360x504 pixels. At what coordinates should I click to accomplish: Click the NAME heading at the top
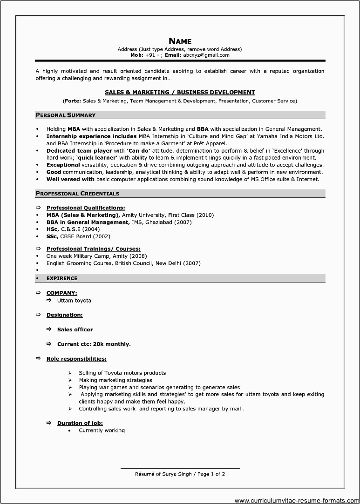pyautogui.click(x=180, y=41)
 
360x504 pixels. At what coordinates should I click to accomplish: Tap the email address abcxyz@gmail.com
pyautogui.click(x=206, y=55)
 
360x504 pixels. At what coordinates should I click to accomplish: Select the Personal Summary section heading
pyautogui.click(x=66, y=115)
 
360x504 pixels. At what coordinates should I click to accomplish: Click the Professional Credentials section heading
pyautogui.click(x=77, y=193)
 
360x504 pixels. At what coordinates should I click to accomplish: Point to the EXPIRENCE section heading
pyautogui.click(x=62, y=278)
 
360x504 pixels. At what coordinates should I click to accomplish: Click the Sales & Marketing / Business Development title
pyautogui.click(x=180, y=92)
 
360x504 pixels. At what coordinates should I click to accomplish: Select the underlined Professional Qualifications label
pyautogui.click(x=86, y=208)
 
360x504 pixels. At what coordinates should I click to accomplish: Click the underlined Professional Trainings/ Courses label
pyautogui.click(x=93, y=249)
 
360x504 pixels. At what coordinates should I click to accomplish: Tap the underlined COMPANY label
pyautogui.click(x=62, y=293)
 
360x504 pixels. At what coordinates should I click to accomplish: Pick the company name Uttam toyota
pyautogui.click(x=74, y=300)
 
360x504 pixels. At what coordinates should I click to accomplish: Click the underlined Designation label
pyautogui.click(x=64, y=315)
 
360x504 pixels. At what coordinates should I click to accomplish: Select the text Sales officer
pyautogui.click(x=75, y=329)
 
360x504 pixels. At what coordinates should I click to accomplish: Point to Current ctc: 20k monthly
pyautogui.click(x=94, y=344)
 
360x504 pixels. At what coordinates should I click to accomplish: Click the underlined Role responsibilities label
pyautogui.click(x=76, y=359)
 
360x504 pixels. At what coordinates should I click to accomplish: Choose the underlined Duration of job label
pyautogui.click(x=80, y=423)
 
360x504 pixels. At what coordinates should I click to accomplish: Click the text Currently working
pyautogui.click(x=102, y=430)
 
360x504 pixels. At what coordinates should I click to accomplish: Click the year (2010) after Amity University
pyautogui.click(x=205, y=215)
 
